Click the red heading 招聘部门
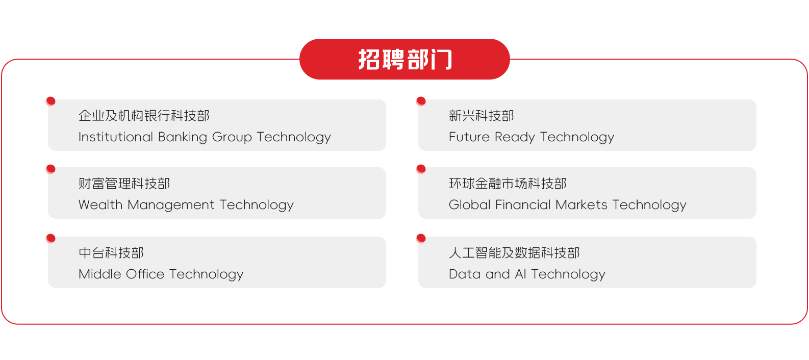[x=404, y=59]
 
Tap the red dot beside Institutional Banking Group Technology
[x=51, y=101]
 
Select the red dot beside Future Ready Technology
[x=421, y=101]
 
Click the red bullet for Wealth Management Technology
[x=51, y=169]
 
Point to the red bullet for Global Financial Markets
[x=421, y=169]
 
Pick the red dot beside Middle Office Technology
[x=51, y=238]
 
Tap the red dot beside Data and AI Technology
[x=421, y=238]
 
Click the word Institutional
[x=116, y=137]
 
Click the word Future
[x=469, y=137]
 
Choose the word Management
[x=171, y=205]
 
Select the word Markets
[x=582, y=204]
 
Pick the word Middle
[x=100, y=274]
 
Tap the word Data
[x=465, y=274]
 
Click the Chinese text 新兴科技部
[x=482, y=116]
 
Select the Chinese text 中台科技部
[x=111, y=253]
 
